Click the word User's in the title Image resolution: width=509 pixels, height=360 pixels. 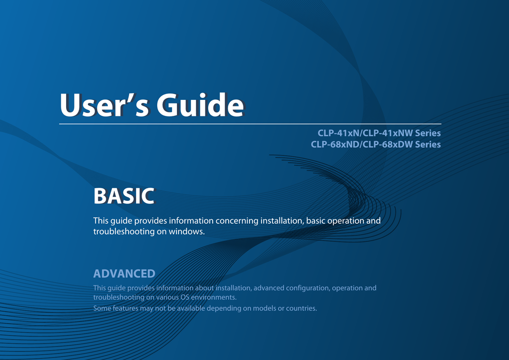coord(105,105)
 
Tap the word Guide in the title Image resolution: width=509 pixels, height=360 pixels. coord(200,105)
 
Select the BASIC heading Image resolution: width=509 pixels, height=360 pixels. coord(124,196)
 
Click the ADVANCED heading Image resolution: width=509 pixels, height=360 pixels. coord(124,273)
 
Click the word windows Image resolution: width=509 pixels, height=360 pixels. coord(187,231)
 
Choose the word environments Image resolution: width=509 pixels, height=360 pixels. coord(214,297)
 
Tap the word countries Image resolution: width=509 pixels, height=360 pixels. coord(301,308)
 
